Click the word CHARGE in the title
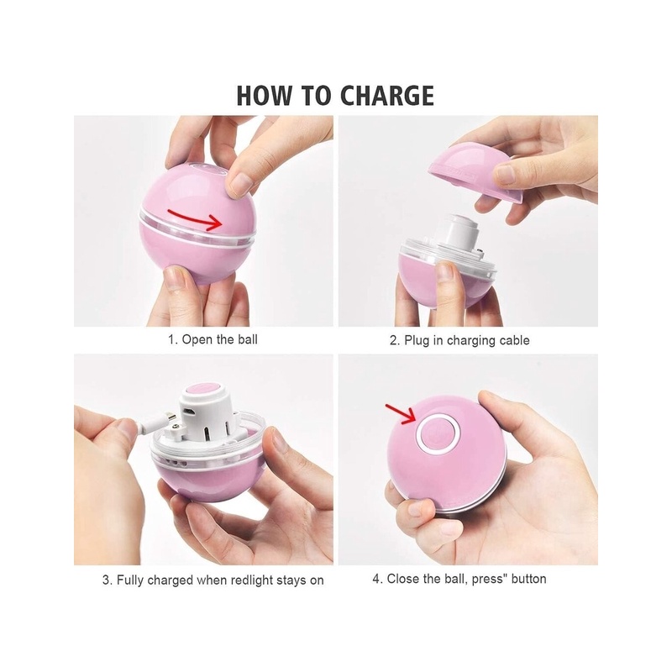click(x=386, y=96)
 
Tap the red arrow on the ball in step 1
click(x=195, y=218)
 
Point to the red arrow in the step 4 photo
click(x=400, y=413)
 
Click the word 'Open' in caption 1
click(x=197, y=340)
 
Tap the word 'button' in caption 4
click(x=529, y=579)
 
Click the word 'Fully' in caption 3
click(x=130, y=580)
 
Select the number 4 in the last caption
click(x=376, y=579)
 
